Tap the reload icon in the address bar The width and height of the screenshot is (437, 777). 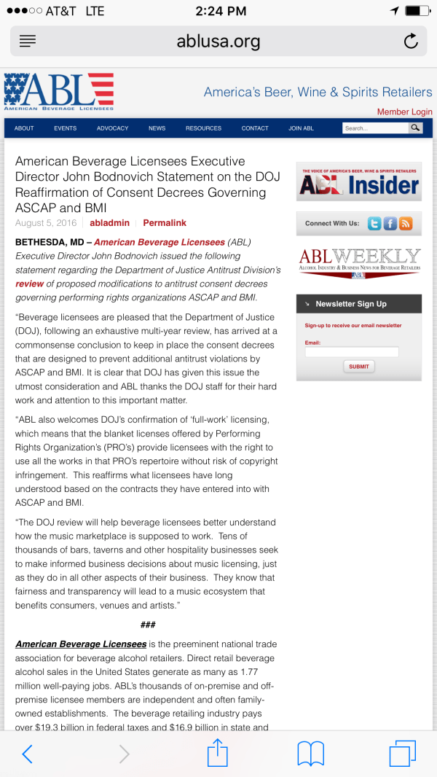click(411, 41)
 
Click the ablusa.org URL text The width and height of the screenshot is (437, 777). click(219, 42)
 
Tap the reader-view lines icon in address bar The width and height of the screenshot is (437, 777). click(28, 41)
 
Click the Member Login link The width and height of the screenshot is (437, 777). click(404, 112)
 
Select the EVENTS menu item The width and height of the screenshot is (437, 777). click(65, 128)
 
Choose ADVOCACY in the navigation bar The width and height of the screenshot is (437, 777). click(112, 128)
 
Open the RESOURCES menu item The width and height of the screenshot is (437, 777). click(203, 128)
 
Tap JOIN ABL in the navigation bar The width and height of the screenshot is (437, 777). click(301, 128)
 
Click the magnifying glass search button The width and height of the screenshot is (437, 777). click(415, 128)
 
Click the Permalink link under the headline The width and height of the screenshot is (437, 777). click(165, 222)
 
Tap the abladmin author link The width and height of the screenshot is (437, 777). click(109, 222)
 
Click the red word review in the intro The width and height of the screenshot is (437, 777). click(30, 284)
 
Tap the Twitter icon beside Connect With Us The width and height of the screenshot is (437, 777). click(374, 224)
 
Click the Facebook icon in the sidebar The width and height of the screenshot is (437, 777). click(390, 224)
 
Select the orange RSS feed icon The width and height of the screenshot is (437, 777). click(406, 224)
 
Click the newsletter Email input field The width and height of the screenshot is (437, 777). click(352, 352)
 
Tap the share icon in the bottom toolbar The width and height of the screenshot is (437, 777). click(218, 753)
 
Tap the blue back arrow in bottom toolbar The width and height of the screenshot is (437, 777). click(27, 754)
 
